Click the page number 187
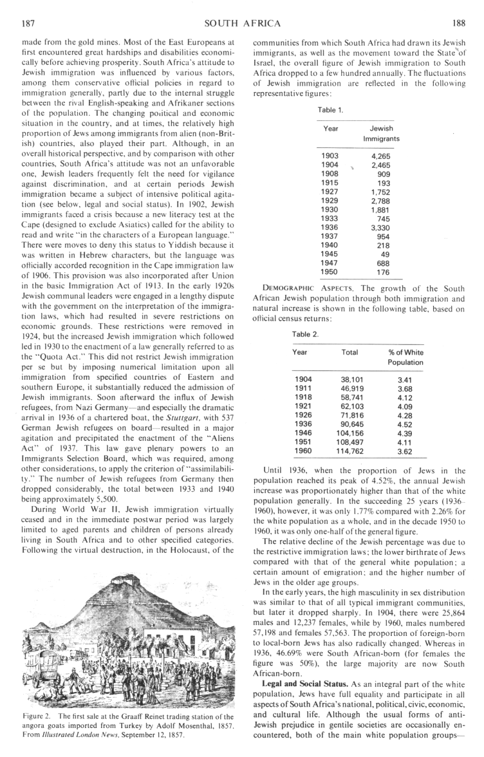[x=28, y=24]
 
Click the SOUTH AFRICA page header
[x=242, y=24]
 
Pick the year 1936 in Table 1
[x=330, y=227]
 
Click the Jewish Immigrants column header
[x=381, y=133]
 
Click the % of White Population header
[x=405, y=357]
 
